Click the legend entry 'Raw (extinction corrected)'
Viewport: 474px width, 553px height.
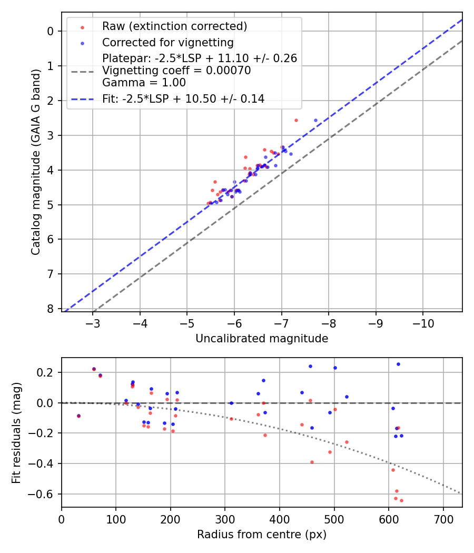(174, 26)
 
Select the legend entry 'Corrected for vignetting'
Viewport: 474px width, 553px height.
(168, 42)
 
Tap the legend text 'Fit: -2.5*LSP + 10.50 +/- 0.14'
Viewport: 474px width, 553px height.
(183, 99)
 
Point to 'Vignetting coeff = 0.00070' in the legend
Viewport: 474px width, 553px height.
(176, 71)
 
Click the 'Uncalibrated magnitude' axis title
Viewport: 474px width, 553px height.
(262, 339)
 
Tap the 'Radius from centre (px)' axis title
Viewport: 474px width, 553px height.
(262, 535)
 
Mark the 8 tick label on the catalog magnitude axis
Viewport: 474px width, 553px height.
(51, 309)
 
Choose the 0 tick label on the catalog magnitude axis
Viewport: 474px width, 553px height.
(51, 31)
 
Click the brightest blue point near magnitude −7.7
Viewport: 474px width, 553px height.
(316, 121)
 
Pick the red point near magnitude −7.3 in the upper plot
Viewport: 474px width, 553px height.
(296, 120)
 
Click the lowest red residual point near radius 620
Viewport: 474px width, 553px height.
(401, 500)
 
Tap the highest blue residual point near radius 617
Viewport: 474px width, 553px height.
(398, 364)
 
